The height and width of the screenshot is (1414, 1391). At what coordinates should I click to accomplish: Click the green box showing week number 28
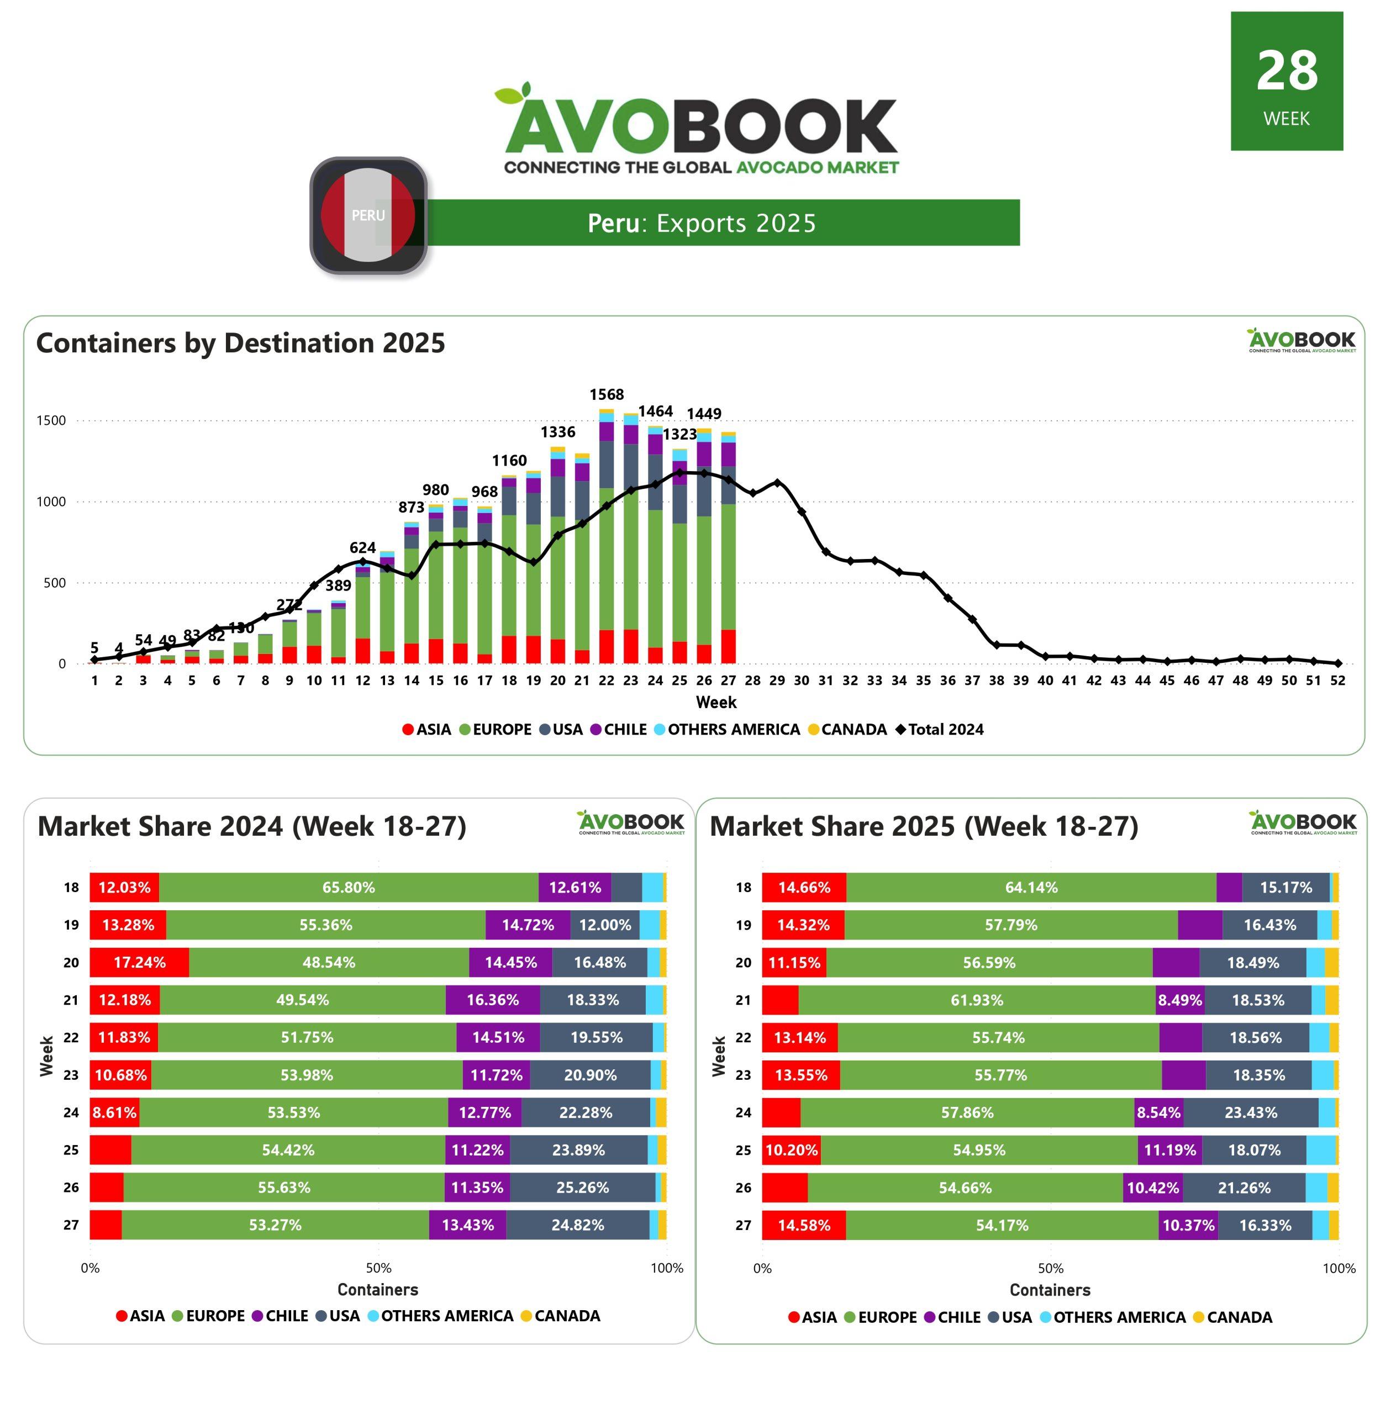tap(1286, 81)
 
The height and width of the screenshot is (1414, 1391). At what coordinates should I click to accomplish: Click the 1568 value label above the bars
tap(607, 394)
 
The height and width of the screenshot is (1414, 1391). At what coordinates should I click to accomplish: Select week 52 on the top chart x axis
tap(1337, 680)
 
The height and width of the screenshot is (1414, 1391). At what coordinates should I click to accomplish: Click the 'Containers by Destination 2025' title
tap(240, 342)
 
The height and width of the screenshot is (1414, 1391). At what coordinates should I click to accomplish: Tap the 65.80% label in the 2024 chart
tap(349, 888)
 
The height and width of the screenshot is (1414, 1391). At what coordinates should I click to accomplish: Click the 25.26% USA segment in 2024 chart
tap(582, 1188)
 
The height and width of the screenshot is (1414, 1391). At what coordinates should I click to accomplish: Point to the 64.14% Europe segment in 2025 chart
tap(1031, 888)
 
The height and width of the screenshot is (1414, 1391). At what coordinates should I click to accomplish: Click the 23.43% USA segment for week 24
tap(1251, 1112)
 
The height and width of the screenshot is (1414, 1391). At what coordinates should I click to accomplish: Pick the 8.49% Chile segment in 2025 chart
tap(1179, 1000)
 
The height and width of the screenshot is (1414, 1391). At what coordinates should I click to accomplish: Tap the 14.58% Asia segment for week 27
tap(804, 1225)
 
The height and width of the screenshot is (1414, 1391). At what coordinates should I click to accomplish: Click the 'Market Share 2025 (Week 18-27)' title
tap(924, 826)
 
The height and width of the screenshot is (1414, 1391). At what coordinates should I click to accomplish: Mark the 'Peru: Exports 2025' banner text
tap(702, 223)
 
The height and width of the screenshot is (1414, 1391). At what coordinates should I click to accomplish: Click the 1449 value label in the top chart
tap(704, 413)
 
